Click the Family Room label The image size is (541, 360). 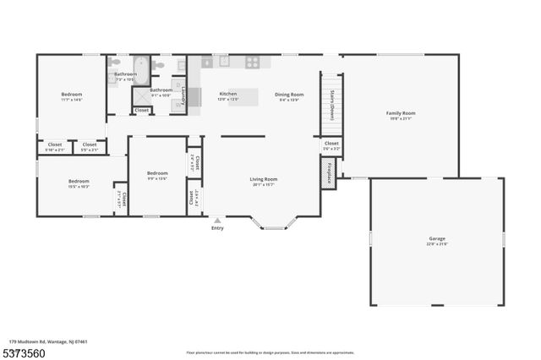click(x=401, y=112)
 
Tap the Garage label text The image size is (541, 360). click(x=436, y=239)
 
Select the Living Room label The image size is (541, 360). click(x=263, y=179)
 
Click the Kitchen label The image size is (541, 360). click(x=227, y=94)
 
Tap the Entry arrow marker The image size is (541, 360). click(x=217, y=220)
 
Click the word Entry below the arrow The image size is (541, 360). click(x=217, y=227)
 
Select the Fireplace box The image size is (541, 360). click(x=329, y=172)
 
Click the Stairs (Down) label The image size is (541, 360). click(x=332, y=106)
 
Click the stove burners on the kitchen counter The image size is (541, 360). click(x=252, y=62)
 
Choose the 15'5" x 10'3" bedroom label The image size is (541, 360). click(x=79, y=182)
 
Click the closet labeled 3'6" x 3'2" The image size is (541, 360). click(x=331, y=145)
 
